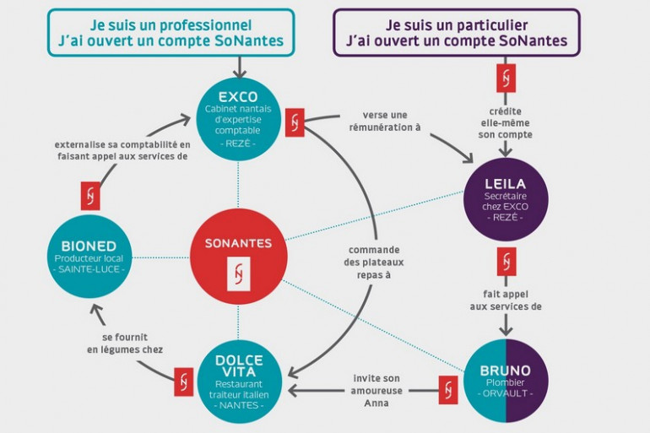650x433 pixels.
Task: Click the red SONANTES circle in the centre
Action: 238,257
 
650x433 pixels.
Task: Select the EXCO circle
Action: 238,119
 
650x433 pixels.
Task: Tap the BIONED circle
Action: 90,257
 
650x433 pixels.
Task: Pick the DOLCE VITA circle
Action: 239,382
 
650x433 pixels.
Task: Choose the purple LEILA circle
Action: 506,200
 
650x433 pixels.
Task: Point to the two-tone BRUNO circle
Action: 506,381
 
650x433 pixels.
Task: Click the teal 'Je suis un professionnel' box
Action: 171,33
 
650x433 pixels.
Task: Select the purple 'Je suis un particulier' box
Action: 457,33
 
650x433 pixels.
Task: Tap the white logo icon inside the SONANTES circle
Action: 238,273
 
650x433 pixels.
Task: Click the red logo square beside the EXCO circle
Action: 295,122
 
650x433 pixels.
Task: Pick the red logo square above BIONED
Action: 90,196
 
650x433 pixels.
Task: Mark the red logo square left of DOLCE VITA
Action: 184,382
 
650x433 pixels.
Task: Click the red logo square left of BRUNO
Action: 448,390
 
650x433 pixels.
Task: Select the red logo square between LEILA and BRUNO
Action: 506,262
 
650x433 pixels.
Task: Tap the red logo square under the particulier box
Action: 506,78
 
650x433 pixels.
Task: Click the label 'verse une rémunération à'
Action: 385,121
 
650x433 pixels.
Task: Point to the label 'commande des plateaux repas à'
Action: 374,263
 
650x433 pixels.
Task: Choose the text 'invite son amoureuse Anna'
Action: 376,391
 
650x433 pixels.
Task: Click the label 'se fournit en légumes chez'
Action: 125,343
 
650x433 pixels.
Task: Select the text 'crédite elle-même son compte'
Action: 506,123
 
